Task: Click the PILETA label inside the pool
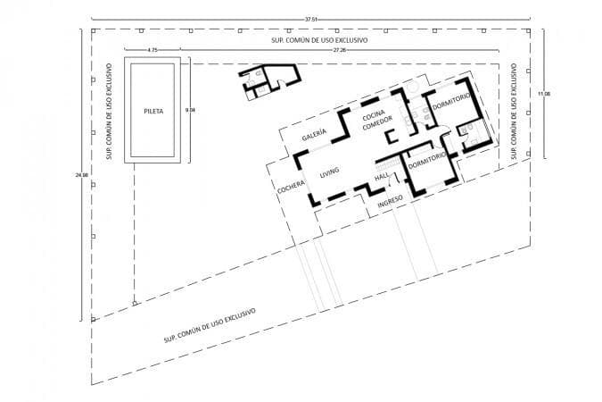[152, 112]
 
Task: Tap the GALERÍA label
[314, 135]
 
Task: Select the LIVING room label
[330, 172]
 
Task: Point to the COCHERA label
[292, 189]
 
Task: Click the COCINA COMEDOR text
[375, 121]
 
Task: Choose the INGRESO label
[392, 200]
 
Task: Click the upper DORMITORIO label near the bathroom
[450, 106]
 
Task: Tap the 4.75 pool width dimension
[153, 51]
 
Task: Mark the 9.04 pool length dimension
[189, 110]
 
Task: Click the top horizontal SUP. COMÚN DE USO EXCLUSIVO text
[319, 41]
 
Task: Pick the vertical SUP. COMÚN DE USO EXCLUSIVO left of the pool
[107, 107]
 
